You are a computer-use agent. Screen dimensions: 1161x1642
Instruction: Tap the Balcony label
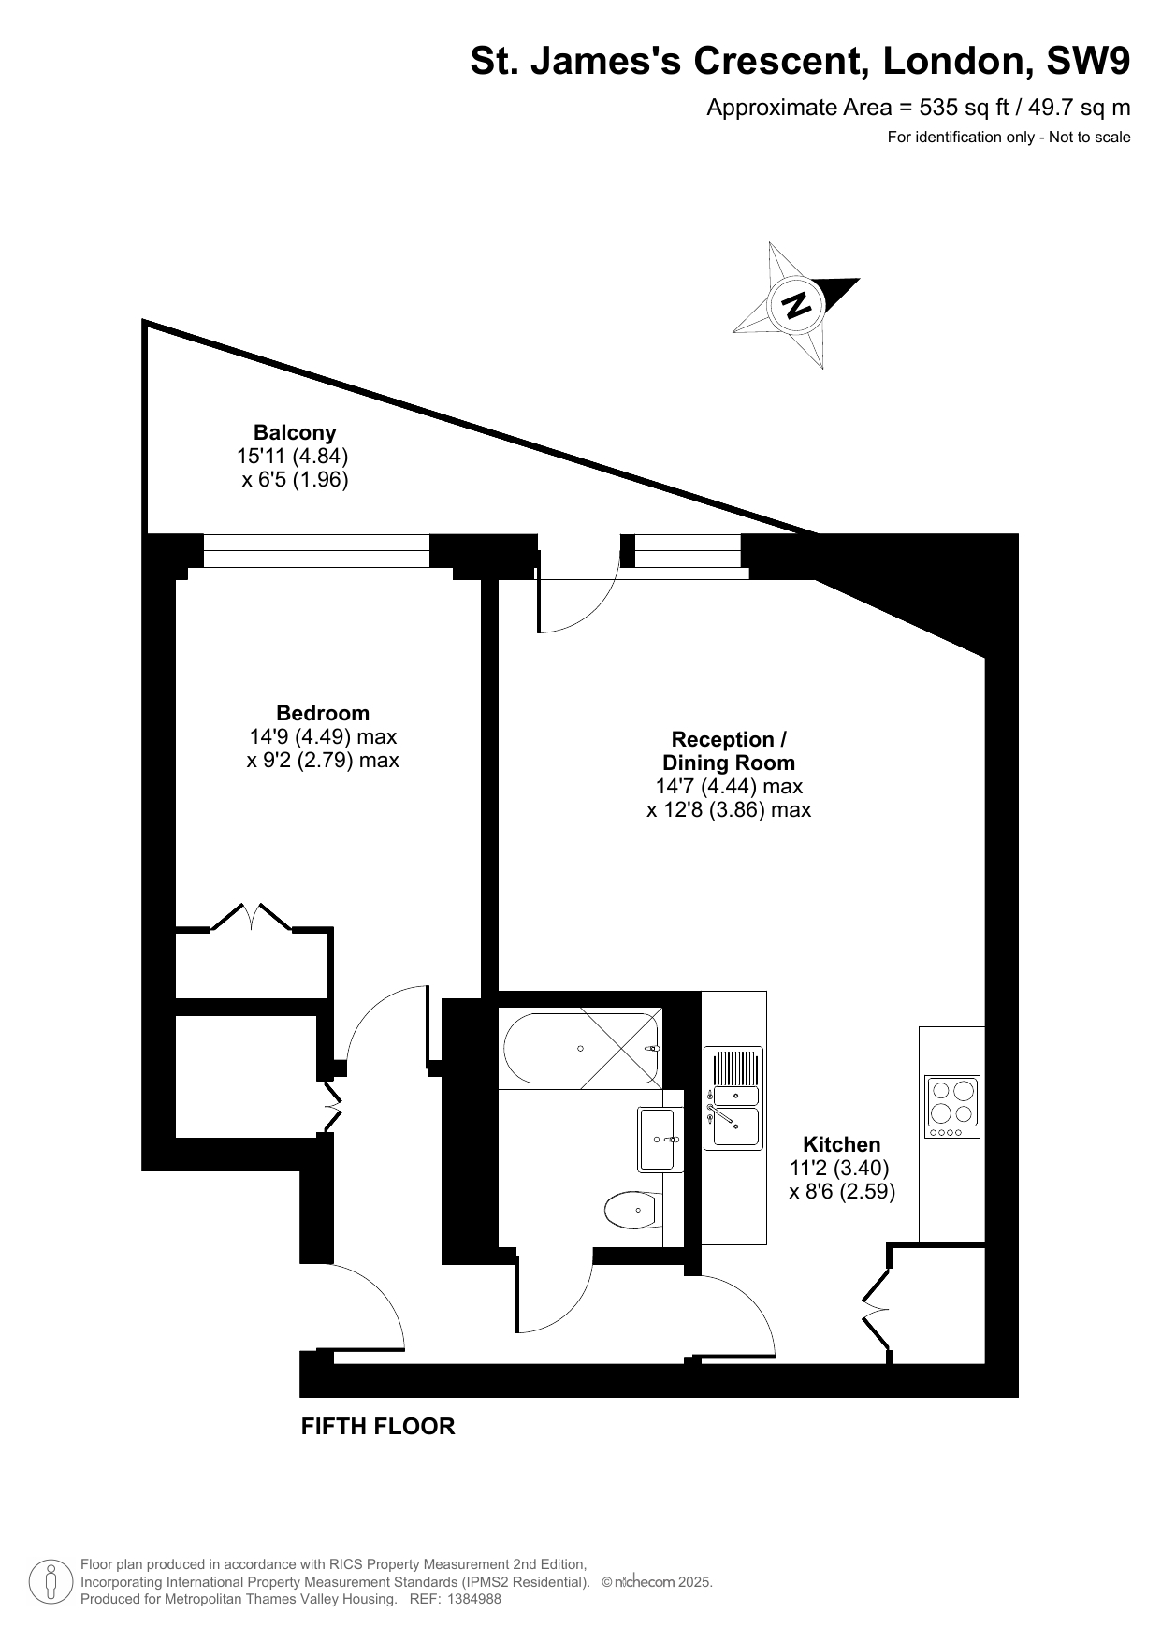point(295,432)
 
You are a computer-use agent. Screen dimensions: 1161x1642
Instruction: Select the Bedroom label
point(323,714)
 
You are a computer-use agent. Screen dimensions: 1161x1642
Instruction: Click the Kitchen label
point(842,1144)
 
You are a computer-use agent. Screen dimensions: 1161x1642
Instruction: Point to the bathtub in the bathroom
point(581,1048)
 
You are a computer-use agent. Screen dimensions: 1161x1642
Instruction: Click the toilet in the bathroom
point(633,1212)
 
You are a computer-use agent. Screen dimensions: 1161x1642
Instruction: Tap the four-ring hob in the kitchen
point(952,1106)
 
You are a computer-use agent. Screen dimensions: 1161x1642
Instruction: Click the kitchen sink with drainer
point(733,1097)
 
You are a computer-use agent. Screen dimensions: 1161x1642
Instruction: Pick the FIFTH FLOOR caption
point(378,1426)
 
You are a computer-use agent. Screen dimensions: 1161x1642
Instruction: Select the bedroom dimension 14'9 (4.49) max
point(323,737)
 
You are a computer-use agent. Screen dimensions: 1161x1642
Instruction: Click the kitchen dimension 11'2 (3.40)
point(839,1168)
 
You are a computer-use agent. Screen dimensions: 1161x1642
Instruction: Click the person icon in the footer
point(51,1581)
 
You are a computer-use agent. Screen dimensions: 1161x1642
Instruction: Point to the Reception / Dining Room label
point(729,751)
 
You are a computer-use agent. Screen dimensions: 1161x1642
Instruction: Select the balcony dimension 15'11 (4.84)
point(293,457)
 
